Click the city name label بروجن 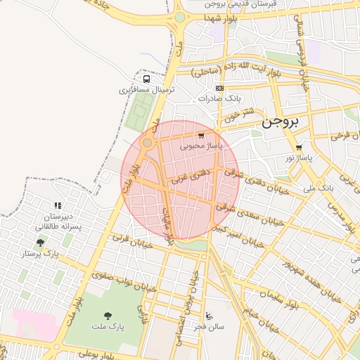281,122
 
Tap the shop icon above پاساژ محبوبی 202,136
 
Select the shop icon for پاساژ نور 299,148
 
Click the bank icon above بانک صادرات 220,88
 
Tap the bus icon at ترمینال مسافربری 146,79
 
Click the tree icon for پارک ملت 108,316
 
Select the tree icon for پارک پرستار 40,243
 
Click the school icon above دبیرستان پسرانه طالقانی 58,206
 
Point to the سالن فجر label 210,327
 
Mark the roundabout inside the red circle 147,143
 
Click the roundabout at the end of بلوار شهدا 180,18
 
